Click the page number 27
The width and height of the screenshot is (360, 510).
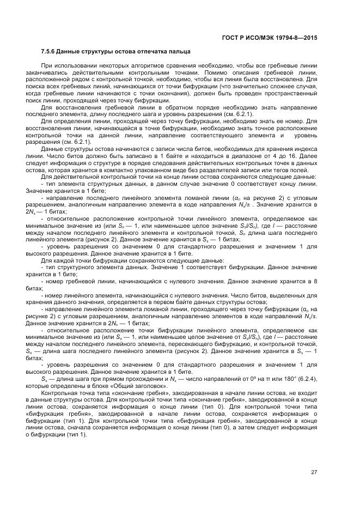click(314, 472)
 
